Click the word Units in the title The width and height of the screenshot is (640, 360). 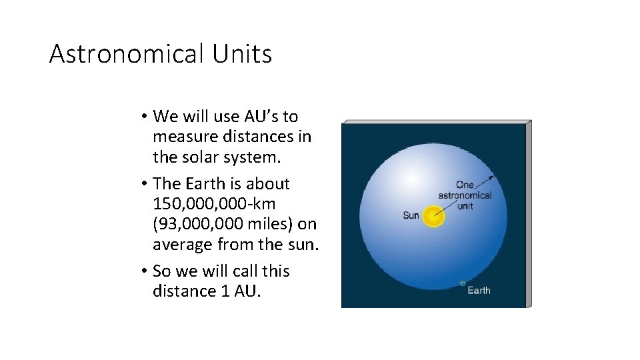(x=243, y=54)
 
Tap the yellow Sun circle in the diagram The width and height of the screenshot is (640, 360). (x=433, y=216)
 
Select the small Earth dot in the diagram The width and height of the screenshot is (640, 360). (x=462, y=283)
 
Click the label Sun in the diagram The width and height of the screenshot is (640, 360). (x=411, y=215)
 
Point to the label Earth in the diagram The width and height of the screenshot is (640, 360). (x=479, y=290)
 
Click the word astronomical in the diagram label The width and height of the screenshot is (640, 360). (x=465, y=195)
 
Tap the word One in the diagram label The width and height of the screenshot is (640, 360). (x=465, y=185)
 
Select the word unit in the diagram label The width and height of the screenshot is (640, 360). (x=465, y=205)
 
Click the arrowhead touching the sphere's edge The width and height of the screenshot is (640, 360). (x=492, y=177)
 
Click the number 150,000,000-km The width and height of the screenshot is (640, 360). (x=214, y=203)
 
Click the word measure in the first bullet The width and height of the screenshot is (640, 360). (x=183, y=137)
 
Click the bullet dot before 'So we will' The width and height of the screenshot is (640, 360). (x=143, y=271)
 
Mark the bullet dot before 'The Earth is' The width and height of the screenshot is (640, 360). (x=143, y=184)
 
